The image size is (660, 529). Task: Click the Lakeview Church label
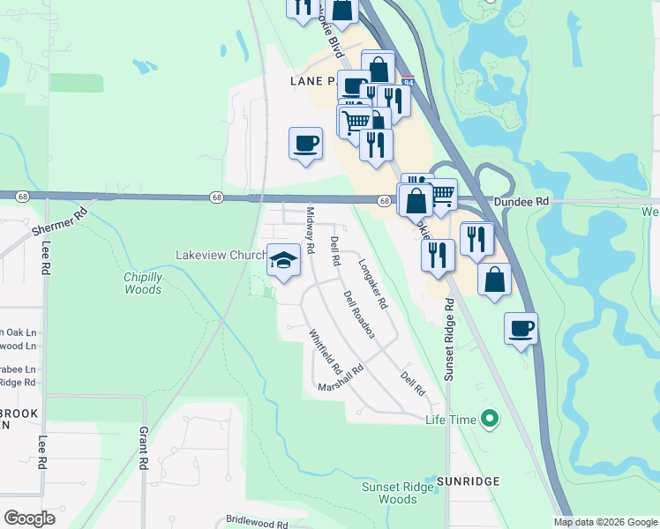tap(220, 255)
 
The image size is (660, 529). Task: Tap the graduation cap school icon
tap(282, 260)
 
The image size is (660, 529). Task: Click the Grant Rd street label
tap(143, 448)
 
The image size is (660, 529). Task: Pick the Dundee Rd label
tap(521, 201)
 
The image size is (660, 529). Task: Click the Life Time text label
tap(451, 421)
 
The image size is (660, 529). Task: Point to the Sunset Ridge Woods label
tap(390, 493)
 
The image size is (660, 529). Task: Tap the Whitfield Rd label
tap(325, 349)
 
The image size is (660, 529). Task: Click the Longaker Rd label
tap(373, 283)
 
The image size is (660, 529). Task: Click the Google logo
tap(29, 518)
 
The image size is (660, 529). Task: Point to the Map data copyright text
tap(604, 522)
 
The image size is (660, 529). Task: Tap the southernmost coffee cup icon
tap(521, 328)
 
